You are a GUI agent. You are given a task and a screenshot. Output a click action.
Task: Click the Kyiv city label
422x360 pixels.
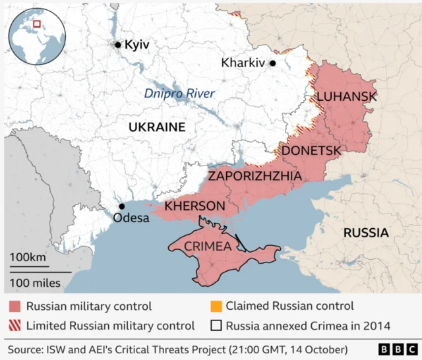coord(137,45)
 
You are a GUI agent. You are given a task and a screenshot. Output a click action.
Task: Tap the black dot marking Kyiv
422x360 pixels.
coord(118,45)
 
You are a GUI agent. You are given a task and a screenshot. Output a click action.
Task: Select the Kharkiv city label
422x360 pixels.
coord(243,63)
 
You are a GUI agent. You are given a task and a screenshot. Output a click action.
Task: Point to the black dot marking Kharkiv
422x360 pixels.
coord(272,63)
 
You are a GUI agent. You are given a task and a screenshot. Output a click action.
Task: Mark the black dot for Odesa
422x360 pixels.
coord(121,206)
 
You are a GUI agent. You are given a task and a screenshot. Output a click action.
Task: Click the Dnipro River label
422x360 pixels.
coord(179,94)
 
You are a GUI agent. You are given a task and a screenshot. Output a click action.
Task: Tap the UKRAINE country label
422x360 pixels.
coord(157,127)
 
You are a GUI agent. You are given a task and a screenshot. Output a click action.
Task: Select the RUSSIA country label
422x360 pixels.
coord(365,232)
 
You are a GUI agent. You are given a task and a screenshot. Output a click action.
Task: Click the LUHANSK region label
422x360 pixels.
coord(347,97)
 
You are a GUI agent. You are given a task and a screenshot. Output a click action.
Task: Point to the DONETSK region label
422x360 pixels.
coord(311,151)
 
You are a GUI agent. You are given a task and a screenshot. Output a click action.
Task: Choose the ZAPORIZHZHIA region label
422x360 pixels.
coord(255,176)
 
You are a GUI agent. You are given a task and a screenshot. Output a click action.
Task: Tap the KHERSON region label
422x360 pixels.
coord(195,206)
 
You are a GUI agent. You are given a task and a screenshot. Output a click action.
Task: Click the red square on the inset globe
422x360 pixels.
coord(38,24)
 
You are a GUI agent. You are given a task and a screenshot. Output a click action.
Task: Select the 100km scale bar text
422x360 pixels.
coord(28,257)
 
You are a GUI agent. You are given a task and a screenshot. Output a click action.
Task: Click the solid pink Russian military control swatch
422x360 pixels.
coord(15,307)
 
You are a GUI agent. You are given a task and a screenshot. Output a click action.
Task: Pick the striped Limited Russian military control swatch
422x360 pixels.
coord(15,325)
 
